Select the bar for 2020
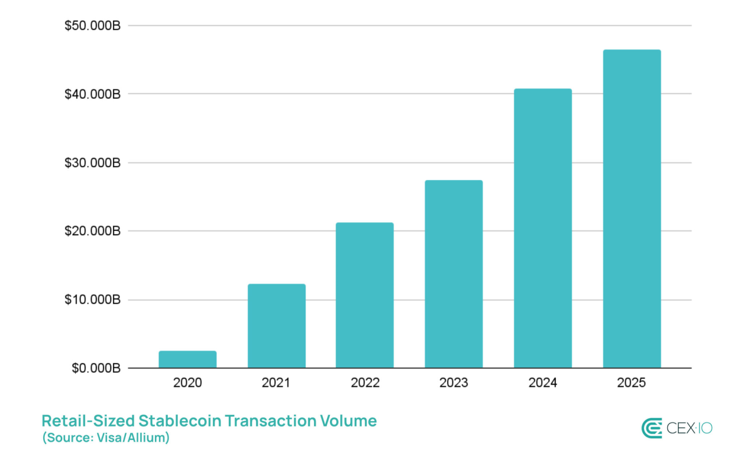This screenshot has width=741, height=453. [187, 359]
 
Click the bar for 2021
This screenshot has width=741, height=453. [276, 326]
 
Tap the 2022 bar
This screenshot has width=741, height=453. [365, 295]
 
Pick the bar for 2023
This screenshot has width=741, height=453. [453, 274]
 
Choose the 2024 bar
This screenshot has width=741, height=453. [543, 228]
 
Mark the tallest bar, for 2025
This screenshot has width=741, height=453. [631, 209]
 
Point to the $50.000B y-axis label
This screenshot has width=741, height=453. [93, 26]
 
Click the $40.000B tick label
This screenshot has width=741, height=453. [93, 94]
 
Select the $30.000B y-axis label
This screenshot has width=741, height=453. [93, 163]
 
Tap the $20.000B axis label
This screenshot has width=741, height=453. [93, 231]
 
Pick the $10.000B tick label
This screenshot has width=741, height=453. [93, 300]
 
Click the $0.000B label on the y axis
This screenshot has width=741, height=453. [96, 368]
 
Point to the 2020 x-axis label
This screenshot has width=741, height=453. [187, 383]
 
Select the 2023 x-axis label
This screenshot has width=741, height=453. [453, 383]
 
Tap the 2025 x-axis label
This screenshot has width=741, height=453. [631, 383]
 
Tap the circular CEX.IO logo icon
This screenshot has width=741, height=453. [651, 428]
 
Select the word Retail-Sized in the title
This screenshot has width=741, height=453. [88, 421]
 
